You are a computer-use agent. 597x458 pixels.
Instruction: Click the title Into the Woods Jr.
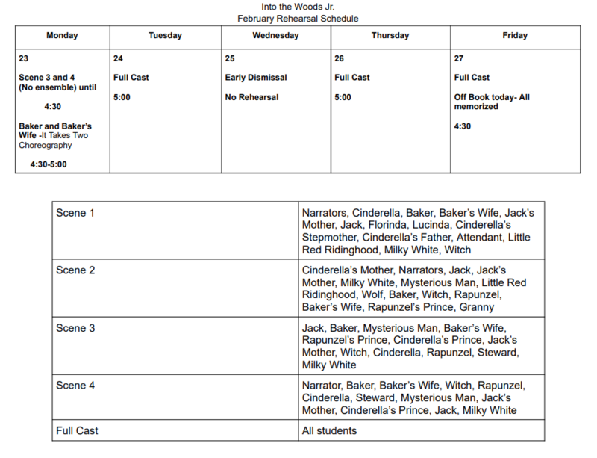pos(298,7)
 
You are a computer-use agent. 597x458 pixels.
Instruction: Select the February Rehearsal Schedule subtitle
pos(298,18)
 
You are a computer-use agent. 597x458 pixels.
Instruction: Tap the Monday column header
pos(62,35)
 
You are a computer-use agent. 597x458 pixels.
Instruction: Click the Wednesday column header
pos(275,35)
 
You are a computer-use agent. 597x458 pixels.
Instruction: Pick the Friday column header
pos(515,35)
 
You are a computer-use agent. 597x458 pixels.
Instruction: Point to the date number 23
pos(24,58)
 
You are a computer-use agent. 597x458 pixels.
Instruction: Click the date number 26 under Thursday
pos(340,58)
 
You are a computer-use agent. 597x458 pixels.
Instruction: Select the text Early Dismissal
pos(256,78)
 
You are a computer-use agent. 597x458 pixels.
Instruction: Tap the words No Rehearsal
pos(251,97)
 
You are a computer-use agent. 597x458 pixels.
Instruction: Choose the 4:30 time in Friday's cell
pos(463,126)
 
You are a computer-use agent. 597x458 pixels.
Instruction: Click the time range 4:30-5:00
pos(49,164)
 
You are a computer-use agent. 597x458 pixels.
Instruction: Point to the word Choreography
pos(46,146)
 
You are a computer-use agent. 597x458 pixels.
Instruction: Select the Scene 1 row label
pos(75,213)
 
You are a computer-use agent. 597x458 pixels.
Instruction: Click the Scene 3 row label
pos(75,328)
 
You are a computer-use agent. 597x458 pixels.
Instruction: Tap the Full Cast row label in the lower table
pos(77,430)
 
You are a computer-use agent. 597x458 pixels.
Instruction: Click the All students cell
pos(329,430)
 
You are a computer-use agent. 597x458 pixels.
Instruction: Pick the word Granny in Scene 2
pos(478,307)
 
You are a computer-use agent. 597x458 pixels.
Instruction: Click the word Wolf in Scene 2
pos(364,294)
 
